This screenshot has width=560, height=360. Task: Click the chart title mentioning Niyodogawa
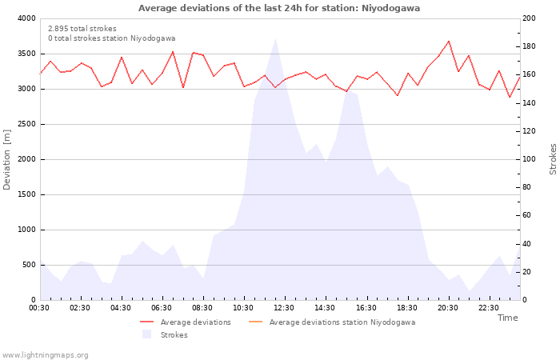pos(279,8)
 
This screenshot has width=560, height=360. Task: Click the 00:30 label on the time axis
pos(39,308)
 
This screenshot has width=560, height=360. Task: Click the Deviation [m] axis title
pos(8,159)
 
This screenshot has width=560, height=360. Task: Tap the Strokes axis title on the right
pos(553,159)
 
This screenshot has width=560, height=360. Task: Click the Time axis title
pos(507,318)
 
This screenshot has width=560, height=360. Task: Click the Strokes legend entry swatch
pos(146,334)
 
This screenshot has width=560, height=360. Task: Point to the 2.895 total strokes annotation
pos(82,29)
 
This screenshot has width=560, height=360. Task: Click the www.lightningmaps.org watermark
pos(46,354)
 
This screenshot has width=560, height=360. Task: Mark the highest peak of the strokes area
pos(275,38)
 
